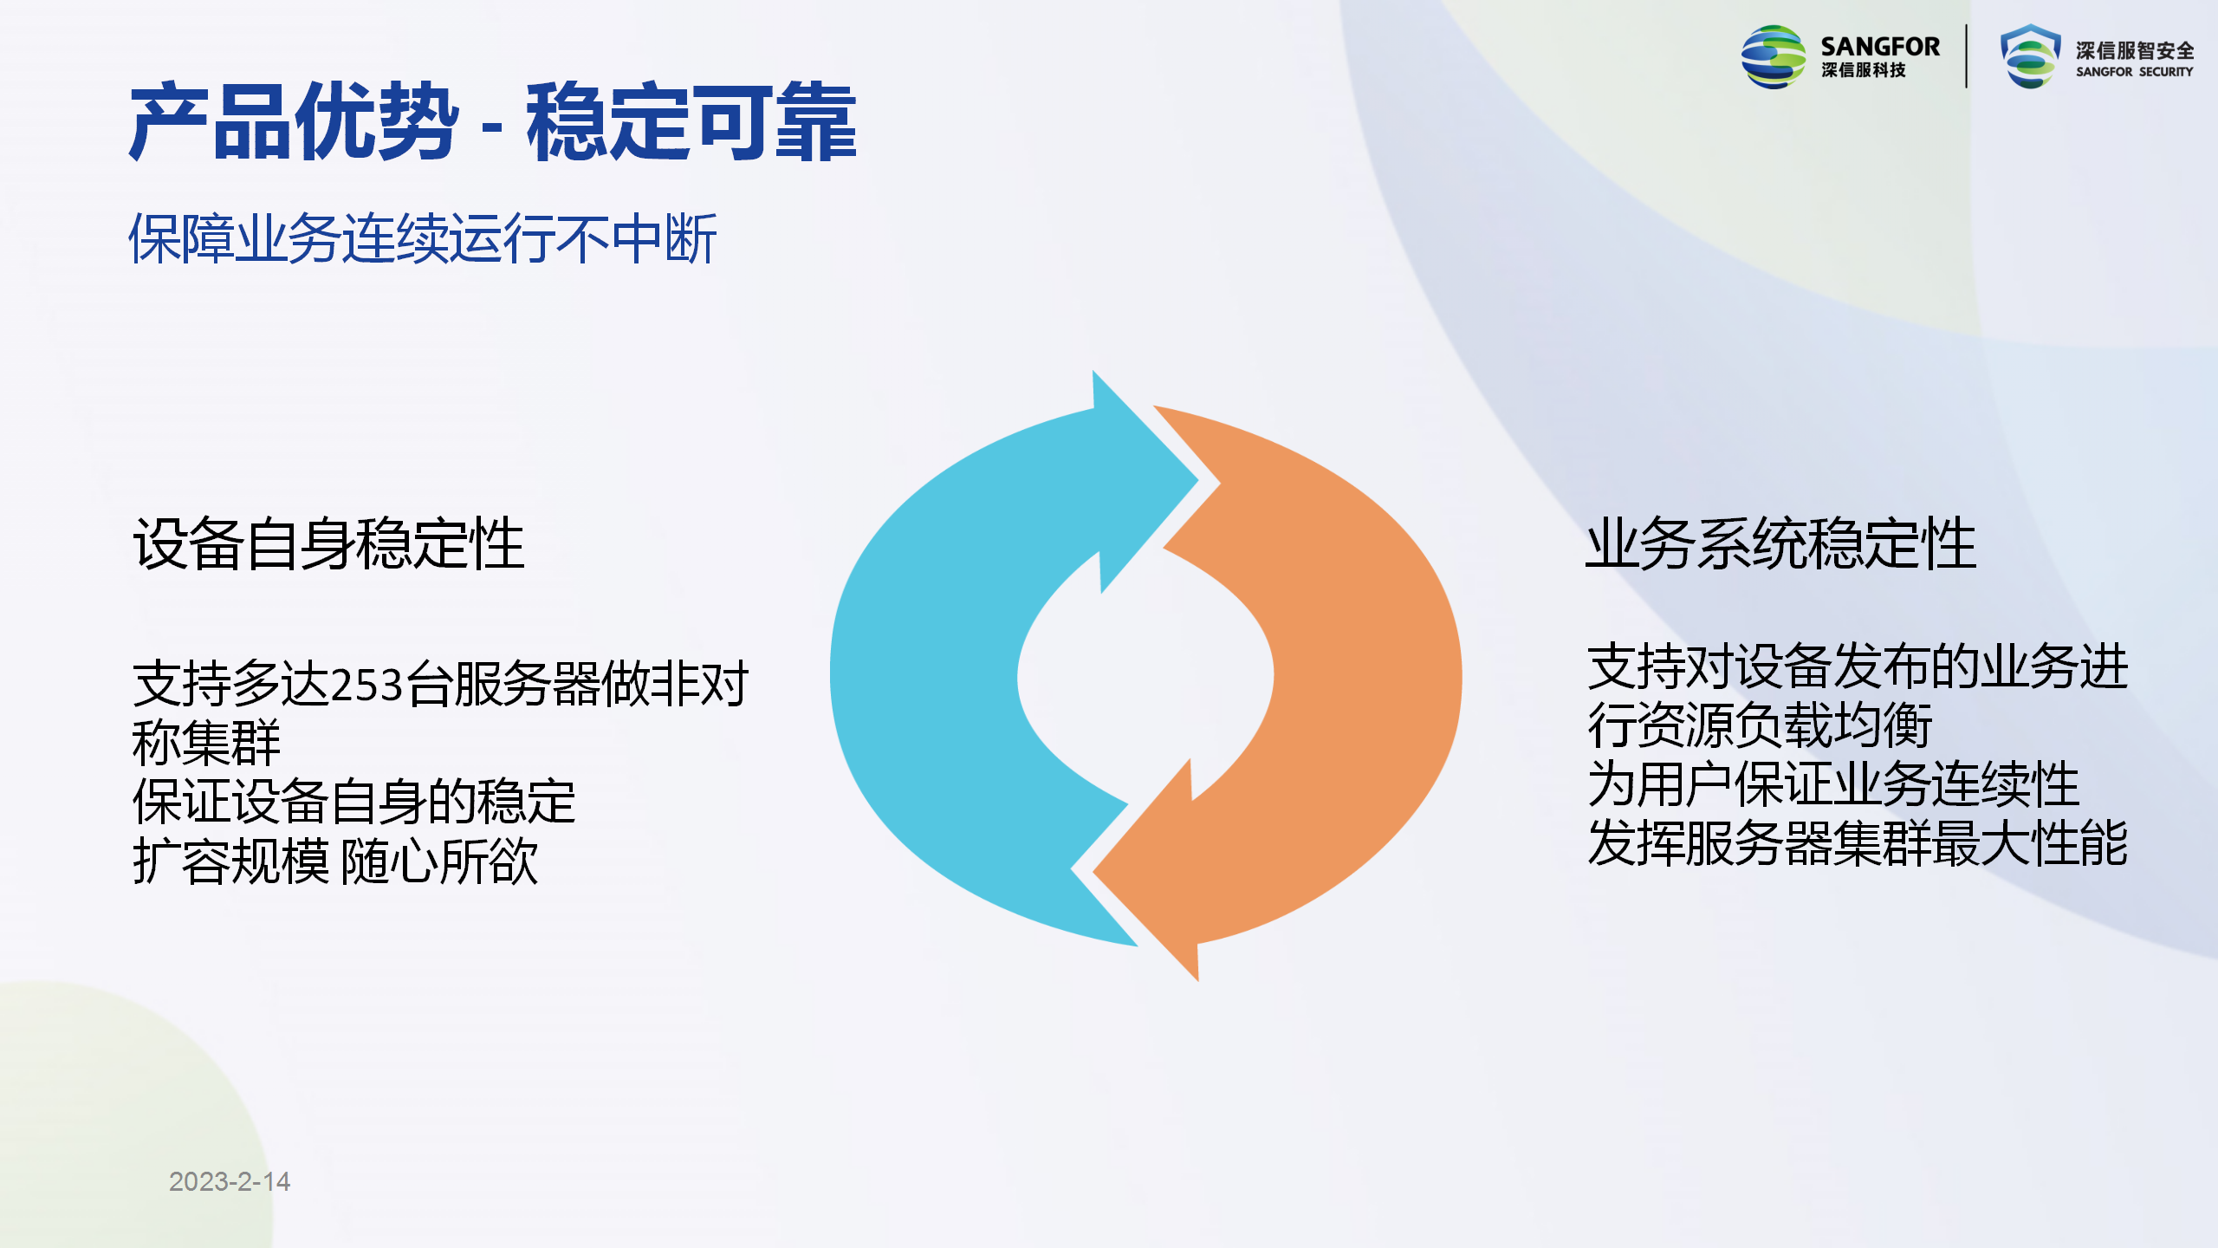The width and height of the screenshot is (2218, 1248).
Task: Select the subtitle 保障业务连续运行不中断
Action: point(423,238)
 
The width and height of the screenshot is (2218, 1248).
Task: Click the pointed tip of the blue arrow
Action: point(1198,479)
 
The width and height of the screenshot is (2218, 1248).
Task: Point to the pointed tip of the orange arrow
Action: point(1093,871)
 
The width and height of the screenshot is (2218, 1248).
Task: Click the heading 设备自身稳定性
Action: point(328,543)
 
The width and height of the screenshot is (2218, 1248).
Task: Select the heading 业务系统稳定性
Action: point(1780,543)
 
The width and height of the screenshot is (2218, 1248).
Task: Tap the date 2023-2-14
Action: point(230,1181)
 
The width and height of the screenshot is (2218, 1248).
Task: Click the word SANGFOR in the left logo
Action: point(1880,47)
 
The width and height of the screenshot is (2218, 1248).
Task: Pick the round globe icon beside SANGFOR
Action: point(1774,57)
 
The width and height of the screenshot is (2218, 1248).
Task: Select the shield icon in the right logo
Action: point(2030,56)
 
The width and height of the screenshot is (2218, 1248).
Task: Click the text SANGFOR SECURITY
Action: point(2134,72)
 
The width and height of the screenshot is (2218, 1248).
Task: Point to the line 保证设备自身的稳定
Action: point(353,801)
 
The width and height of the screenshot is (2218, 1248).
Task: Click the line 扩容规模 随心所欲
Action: point(335,861)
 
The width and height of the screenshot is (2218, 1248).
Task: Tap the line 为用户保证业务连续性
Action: point(1833,784)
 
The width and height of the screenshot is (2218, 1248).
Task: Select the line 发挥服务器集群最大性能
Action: point(1858,842)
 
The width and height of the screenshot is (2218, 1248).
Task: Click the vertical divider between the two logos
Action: point(1967,56)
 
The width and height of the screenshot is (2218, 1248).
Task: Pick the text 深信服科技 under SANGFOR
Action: point(1864,70)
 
